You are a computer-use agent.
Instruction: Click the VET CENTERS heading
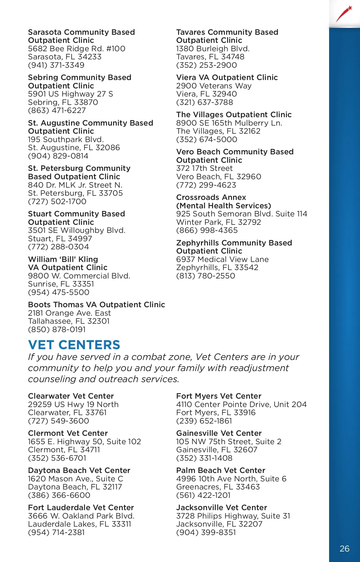[74, 345]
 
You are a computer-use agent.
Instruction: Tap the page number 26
[344, 549]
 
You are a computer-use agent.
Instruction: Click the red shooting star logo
[344, 14]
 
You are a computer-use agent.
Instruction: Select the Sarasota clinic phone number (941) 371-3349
[56, 65]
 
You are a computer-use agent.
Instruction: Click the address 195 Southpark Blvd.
[66, 139]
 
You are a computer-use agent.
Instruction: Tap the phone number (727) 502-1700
[57, 201]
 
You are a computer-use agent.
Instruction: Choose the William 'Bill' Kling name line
[63, 259]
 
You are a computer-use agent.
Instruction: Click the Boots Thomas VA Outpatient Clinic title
[96, 305]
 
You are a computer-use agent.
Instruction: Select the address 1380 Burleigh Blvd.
[213, 49]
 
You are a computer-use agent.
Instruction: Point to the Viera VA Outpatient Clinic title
[227, 77]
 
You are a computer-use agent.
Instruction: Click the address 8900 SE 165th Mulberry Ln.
[229, 123]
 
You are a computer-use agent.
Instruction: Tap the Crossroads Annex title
[211, 197]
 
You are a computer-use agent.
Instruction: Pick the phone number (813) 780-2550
[205, 276]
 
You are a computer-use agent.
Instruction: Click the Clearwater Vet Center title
[71, 396]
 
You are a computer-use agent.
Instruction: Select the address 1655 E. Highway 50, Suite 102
[84, 442]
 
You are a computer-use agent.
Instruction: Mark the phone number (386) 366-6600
[59, 495]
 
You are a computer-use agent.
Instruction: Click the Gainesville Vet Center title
[219, 433]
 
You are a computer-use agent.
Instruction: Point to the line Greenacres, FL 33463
[218, 487]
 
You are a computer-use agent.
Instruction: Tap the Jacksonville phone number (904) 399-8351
[206, 532]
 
